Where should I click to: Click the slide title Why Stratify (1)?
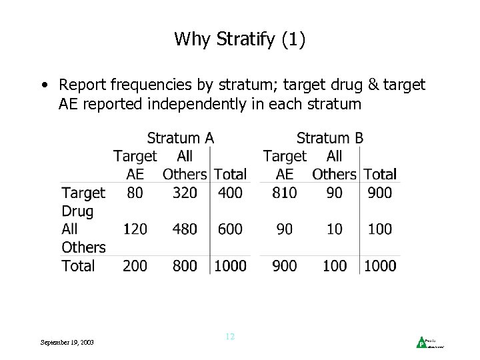(x=240, y=39)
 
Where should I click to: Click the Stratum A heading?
(x=180, y=138)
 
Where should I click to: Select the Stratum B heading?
(x=330, y=138)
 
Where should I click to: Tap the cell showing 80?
(x=135, y=193)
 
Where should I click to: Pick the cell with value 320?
(x=185, y=193)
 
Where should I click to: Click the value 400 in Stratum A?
(x=231, y=193)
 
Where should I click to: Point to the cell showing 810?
(x=284, y=193)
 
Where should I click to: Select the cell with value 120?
(x=135, y=229)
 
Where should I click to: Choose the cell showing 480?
(x=185, y=229)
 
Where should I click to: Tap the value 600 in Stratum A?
(x=231, y=229)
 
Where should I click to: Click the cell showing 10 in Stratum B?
(x=335, y=229)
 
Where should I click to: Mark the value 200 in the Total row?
(x=135, y=265)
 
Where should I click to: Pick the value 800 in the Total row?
(x=185, y=265)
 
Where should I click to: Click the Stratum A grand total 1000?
(x=231, y=265)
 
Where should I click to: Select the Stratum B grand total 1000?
(x=381, y=265)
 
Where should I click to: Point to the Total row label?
(x=78, y=265)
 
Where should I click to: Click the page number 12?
(x=230, y=337)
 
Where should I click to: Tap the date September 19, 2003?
(x=67, y=342)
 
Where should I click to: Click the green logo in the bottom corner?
(x=421, y=343)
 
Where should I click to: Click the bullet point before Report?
(x=43, y=85)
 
